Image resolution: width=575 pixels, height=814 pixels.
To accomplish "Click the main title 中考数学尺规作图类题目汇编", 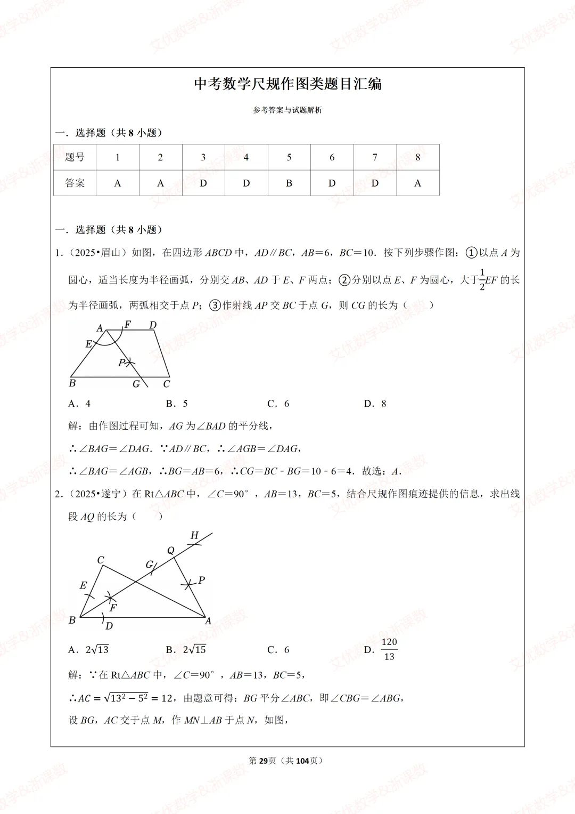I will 287,84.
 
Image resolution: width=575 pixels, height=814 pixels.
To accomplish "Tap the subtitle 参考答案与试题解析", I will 287,110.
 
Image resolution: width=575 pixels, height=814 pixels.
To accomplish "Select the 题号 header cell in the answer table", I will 75,157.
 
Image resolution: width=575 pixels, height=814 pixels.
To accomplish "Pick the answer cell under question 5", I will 289,183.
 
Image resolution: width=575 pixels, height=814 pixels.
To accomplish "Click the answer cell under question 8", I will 418,183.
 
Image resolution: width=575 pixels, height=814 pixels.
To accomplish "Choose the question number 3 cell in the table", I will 203,157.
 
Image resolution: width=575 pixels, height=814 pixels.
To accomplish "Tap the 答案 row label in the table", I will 75,183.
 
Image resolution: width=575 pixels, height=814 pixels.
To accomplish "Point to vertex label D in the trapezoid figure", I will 153,325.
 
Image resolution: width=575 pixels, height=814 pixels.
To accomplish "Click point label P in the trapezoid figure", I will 121,362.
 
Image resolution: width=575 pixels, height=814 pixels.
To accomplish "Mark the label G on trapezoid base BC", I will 136,384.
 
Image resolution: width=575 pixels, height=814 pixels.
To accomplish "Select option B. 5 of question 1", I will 177,404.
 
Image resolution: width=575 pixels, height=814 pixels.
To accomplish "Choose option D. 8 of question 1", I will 375,404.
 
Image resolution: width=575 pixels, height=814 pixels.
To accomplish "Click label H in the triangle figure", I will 194,535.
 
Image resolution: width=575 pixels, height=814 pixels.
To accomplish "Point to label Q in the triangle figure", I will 171,551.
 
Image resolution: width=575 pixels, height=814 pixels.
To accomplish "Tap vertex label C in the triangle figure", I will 101,560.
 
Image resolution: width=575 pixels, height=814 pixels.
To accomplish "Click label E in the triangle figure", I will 83,585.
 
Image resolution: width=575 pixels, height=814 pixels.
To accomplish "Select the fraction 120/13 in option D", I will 389,649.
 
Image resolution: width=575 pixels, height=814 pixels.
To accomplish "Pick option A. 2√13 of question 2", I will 88,649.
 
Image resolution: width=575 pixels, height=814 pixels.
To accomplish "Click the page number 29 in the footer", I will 262,761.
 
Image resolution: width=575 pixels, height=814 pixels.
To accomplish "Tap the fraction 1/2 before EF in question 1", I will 482,280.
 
